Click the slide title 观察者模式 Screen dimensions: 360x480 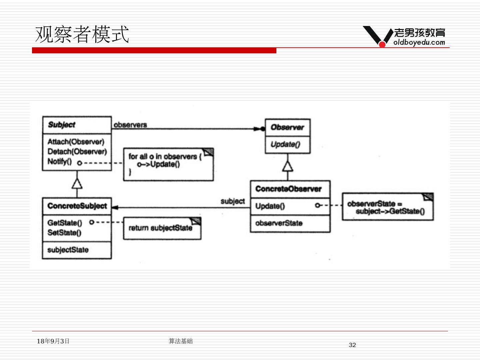(x=82, y=34)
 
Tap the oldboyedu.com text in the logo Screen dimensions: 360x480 (x=419, y=42)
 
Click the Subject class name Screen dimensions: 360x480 (x=62, y=125)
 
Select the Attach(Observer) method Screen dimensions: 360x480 (x=76, y=142)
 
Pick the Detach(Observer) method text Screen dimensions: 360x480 (x=77, y=152)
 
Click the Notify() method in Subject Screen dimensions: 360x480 (x=60, y=162)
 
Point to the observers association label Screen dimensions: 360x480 (x=130, y=125)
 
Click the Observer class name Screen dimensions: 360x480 (x=287, y=127)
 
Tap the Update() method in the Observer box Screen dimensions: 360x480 (x=285, y=144)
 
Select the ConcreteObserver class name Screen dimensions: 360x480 (x=288, y=189)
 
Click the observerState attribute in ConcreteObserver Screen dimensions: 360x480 (x=279, y=223)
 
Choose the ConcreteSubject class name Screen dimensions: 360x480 (x=77, y=206)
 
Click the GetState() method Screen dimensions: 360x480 (x=65, y=223)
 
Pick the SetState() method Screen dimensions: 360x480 (x=64, y=233)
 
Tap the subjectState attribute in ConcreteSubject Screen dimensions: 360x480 (x=68, y=250)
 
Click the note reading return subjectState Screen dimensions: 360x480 (x=161, y=228)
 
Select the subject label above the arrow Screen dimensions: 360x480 (x=233, y=201)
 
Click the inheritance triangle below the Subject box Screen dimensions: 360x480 (x=77, y=183)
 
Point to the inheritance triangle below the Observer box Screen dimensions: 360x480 (x=288, y=166)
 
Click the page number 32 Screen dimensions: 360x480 (x=352, y=345)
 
